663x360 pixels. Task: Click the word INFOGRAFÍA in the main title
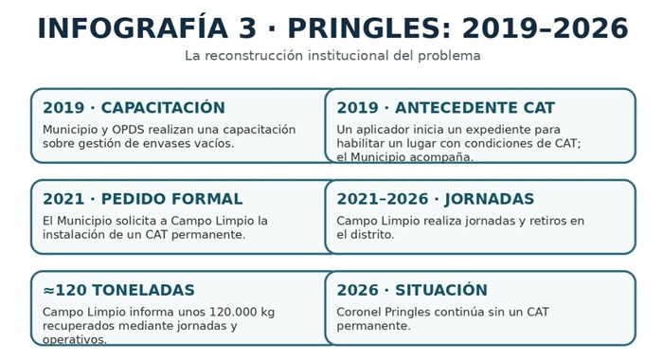click(x=134, y=28)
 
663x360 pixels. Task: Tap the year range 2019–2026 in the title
click(x=545, y=28)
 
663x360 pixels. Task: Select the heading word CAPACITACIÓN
click(x=163, y=107)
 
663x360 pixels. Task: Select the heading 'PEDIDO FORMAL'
click(x=172, y=199)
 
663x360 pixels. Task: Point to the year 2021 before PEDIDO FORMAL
click(x=63, y=199)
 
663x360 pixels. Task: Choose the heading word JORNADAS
click(x=490, y=199)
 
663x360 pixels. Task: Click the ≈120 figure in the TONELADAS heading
click(x=64, y=290)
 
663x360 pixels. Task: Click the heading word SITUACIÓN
click(x=441, y=290)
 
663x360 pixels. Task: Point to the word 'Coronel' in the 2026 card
click(x=359, y=313)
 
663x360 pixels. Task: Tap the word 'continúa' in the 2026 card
click(x=448, y=313)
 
